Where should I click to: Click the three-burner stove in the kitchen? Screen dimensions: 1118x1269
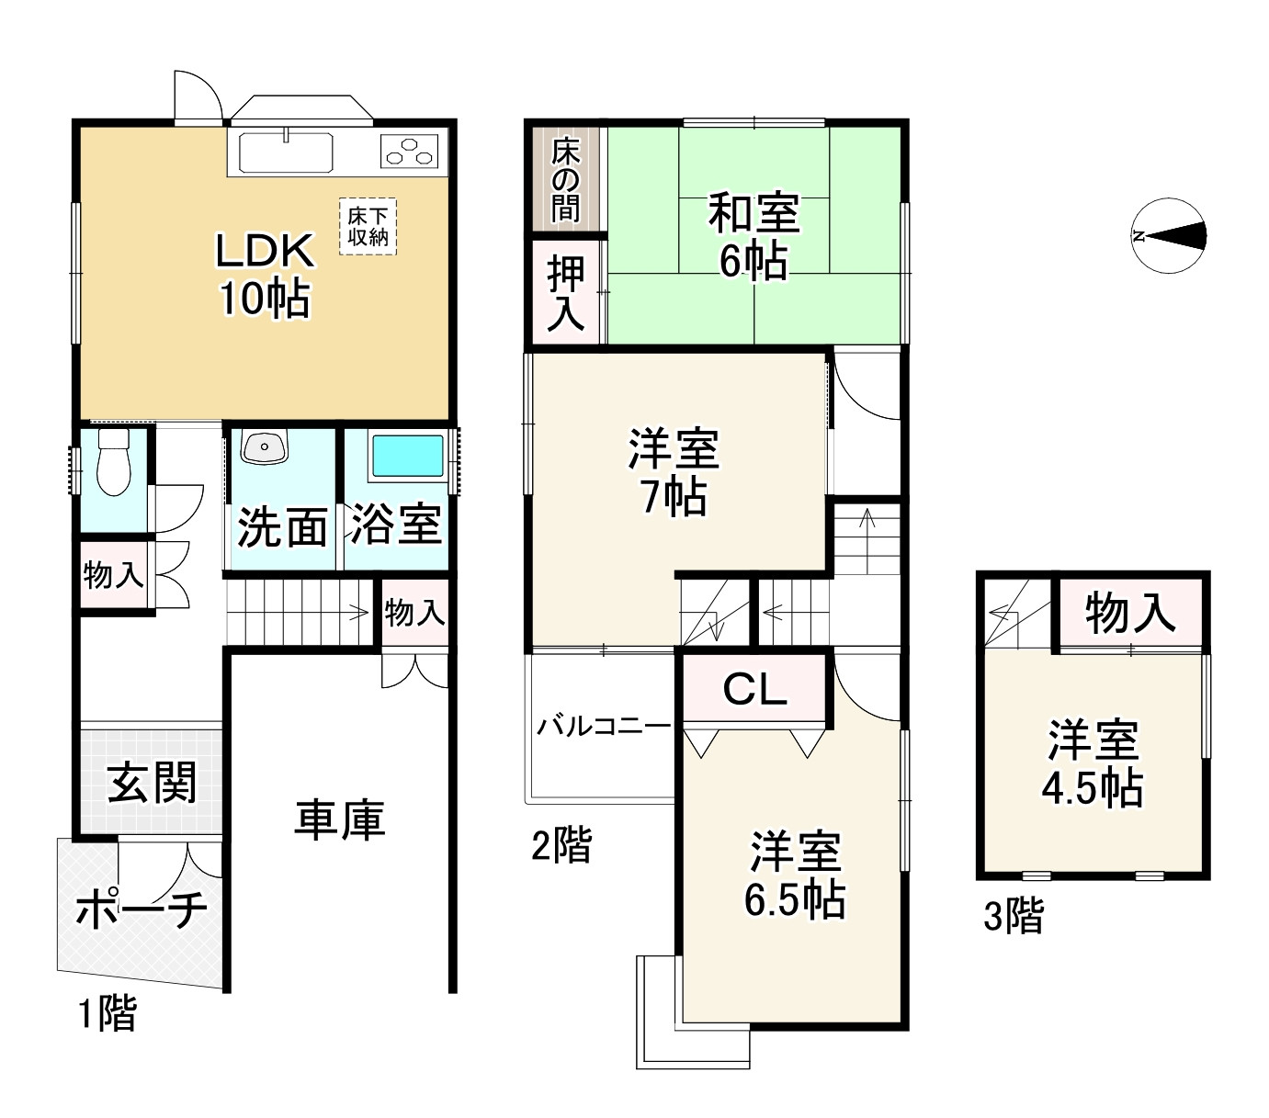point(411,151)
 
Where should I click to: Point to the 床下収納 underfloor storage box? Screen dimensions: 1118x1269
point(367,225)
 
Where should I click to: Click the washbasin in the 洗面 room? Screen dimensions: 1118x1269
point(265,446)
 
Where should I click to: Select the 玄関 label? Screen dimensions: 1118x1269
point(152,784)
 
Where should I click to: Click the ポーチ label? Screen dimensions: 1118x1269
point(141,909)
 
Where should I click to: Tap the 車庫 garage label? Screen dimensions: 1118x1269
point(339,819)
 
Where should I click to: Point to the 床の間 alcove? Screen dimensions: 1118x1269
point(566,179)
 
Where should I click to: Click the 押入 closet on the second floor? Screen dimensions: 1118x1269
point(566,293)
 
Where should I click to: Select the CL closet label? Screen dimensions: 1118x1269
point(754,689)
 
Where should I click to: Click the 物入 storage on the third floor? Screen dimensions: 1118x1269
point(1129,613)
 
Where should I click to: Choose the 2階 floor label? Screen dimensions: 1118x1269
point(561,845)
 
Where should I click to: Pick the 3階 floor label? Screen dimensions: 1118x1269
point(1014,916)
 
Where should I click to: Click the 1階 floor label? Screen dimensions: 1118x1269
point(107,1014)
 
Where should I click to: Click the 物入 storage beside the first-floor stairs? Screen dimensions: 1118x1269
point(414,612)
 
